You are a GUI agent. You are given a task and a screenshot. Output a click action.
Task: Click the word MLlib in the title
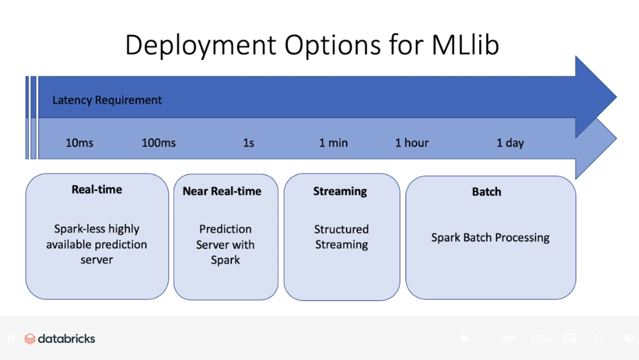pyautogui.click(x=466, y=44)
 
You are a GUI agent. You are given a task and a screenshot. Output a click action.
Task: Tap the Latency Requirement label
pyautogui.click(x=107, y=100)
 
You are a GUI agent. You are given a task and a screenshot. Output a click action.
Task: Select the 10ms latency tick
pyautogui.click(x=79, y=143)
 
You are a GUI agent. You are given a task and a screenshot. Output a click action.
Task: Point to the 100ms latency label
pyautogui.click(x=159, y=143)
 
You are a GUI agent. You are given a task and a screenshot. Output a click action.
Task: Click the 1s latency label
pyautogui.click(x=249, y=143)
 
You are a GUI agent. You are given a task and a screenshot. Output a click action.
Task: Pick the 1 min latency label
pyautogui.click(x=333, y=143)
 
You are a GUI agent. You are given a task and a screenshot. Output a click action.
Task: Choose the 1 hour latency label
pyautogui.click(x=411, y=143)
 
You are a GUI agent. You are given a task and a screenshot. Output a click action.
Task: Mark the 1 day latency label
pyautogui.click(x=510, y=143)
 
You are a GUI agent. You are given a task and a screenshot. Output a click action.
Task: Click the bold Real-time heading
pyautogui.click(x=97, y=190)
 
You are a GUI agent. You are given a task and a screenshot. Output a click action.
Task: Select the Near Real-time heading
pyautogui.click(x=222, y=191)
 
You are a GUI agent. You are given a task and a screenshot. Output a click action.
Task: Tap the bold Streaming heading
pyautogui.click(x=340, y=191)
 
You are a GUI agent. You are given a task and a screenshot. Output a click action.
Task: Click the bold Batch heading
pyautogui.click(x=487, y=192)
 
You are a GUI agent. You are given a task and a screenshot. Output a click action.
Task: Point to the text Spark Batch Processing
pyautogui.click(x=490, y=237)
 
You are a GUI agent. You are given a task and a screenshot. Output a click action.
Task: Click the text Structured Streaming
pyautogui.click(x=341, y=237)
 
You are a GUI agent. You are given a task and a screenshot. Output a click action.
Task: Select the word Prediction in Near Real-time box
pyautogui.click(x=225, y=229)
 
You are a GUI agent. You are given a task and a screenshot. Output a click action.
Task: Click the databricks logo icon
pyautogui.click(x=30, y=339)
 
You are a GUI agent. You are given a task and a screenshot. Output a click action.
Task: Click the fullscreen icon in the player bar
pyautogui.click(x=599, y=338)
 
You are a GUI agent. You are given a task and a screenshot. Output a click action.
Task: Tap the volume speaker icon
pyautogui.click(x=628, y=338)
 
